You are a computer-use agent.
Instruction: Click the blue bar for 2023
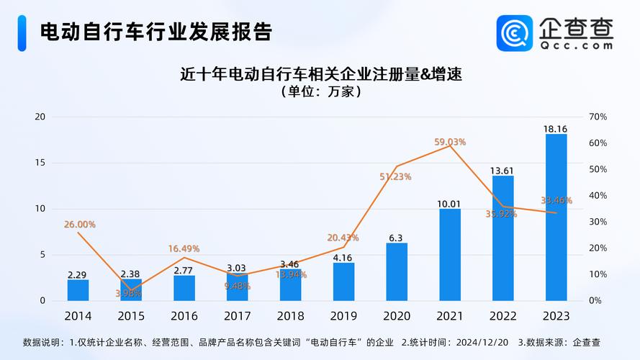(x=556, y=216)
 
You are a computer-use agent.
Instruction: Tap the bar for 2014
(x=78, y=289)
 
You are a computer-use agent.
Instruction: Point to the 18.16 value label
(x=555, y=129)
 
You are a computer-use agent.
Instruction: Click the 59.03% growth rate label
(x=450, y=142)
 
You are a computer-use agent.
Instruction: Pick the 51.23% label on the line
(x=396, y=176)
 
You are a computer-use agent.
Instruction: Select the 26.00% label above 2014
(x=79, y=225)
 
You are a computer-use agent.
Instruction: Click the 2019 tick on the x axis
(x=343, y=316)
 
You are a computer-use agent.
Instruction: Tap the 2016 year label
(x=184, y=316)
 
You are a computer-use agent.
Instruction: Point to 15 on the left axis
(x=40, y=163)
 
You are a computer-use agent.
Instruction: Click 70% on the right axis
(x=598, y=117)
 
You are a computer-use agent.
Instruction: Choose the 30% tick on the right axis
(x=598, y=222)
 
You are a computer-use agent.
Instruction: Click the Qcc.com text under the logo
(x=576, y=45)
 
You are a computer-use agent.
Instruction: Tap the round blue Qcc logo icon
(x=515, y=32)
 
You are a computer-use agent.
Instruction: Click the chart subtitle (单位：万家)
(x=320, y=93)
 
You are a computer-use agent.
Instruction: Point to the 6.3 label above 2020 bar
(x=396, y=238)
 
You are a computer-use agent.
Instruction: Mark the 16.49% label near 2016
(x=184, y=248)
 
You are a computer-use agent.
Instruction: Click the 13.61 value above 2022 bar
(x=502, y=171)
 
